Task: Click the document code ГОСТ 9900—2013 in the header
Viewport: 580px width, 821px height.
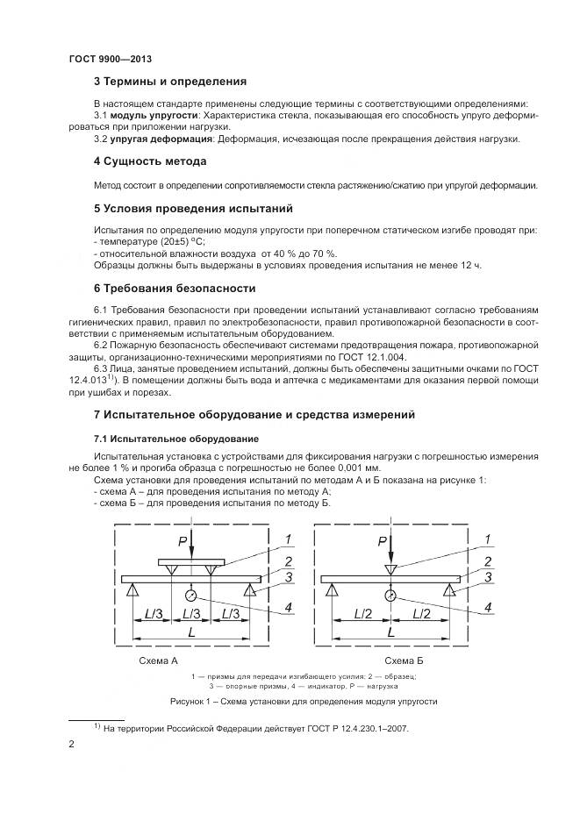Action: (x=111, y=59)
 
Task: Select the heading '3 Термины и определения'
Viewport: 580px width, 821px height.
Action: (x=169, y=82)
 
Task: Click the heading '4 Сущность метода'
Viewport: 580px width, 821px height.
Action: (x=150, y=162)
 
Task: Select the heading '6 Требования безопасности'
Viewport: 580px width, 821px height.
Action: (x=175, y=288)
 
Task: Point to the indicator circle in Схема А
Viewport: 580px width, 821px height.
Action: (x=191, y=596)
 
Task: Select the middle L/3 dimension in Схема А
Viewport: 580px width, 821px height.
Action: (x=190, y=614)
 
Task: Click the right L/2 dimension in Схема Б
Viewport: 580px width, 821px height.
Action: (x=420, y=614)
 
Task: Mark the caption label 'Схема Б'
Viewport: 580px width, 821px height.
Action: (x=405, y=660)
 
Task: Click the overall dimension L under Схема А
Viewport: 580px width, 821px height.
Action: (x=190, y=632)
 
